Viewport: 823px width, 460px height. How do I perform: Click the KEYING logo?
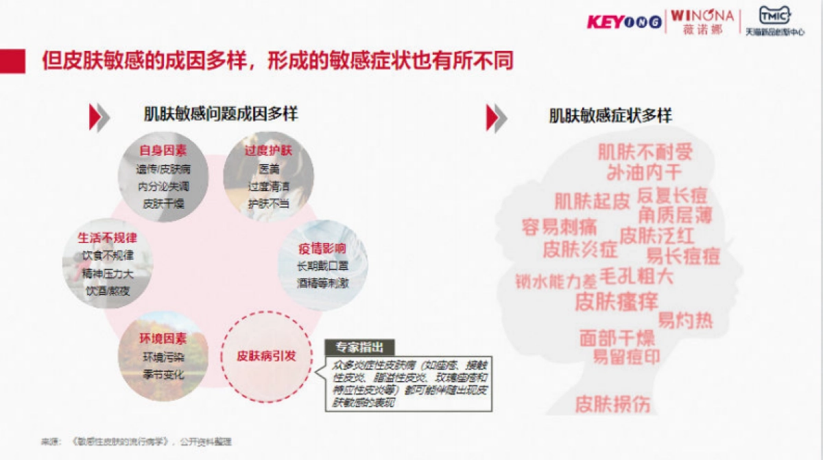(624, 21)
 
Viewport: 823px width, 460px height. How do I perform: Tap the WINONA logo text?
(702, 16)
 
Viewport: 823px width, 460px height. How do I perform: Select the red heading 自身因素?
(163, 150)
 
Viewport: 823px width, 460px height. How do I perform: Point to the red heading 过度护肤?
(268, 150)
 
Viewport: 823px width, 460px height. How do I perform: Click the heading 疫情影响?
(322, 249)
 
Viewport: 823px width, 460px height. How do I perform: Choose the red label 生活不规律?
(107, 238)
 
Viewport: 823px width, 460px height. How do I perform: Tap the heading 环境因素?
(163, 339)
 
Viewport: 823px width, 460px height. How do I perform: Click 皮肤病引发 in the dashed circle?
(267, 356)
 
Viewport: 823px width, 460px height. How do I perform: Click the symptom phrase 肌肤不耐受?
(645, 151)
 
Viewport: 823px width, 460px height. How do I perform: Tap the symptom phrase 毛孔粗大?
(636, 277)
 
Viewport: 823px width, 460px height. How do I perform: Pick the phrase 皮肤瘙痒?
(617, 301)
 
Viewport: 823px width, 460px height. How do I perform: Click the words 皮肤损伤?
(612, 403)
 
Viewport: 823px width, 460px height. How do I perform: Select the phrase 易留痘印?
(626, 357)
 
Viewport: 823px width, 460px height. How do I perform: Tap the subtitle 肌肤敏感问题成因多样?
(221, 114)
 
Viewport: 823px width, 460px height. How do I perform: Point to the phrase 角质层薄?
(676, 216)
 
